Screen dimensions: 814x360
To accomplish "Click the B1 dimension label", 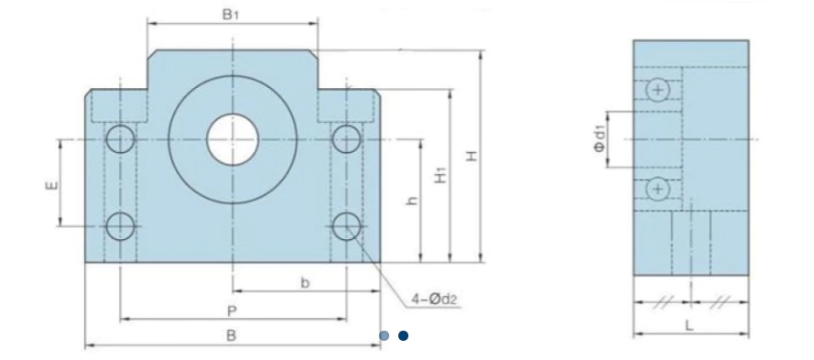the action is pos(230,15).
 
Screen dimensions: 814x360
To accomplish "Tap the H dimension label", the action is pos(471,156).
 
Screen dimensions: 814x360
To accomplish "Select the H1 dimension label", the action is pos(440,176).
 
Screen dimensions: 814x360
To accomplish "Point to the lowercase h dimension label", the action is pos(412,201).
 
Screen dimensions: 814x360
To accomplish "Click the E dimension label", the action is pos(52,185).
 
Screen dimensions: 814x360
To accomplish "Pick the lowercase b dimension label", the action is pos(305,283).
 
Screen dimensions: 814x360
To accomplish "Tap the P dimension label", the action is pos(232,311).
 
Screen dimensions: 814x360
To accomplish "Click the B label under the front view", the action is pos(231,335).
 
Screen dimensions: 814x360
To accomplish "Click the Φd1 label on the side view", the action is pos(600,139).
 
